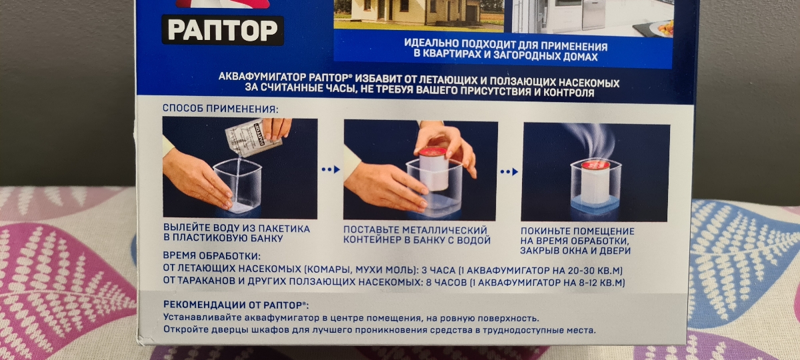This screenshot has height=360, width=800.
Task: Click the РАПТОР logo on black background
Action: (x=223, y=31)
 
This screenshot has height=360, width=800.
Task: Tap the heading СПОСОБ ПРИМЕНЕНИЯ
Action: (x=220, y=109)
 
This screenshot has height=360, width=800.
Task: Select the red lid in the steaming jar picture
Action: (x=596, y=165)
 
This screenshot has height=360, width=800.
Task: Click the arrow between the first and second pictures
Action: (x=331, y=169)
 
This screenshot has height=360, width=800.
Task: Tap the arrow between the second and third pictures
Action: (x=509, y=172)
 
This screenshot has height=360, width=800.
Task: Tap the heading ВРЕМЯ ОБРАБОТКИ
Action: (x=211, y=256)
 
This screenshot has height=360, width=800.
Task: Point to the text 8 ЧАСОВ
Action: (x=446, y=283)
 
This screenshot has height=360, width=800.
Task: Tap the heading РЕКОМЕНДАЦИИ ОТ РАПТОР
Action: (x=236, y=305)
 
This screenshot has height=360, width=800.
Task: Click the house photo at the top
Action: (x=419, y=14)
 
